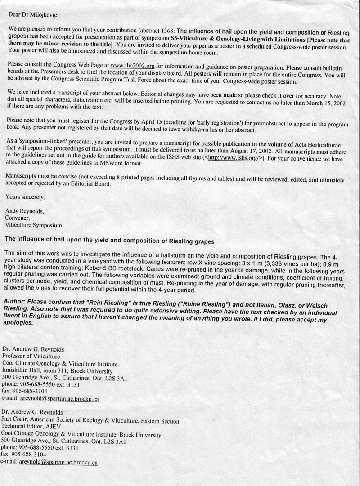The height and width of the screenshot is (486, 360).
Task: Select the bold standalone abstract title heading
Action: (x=109, y=238)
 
